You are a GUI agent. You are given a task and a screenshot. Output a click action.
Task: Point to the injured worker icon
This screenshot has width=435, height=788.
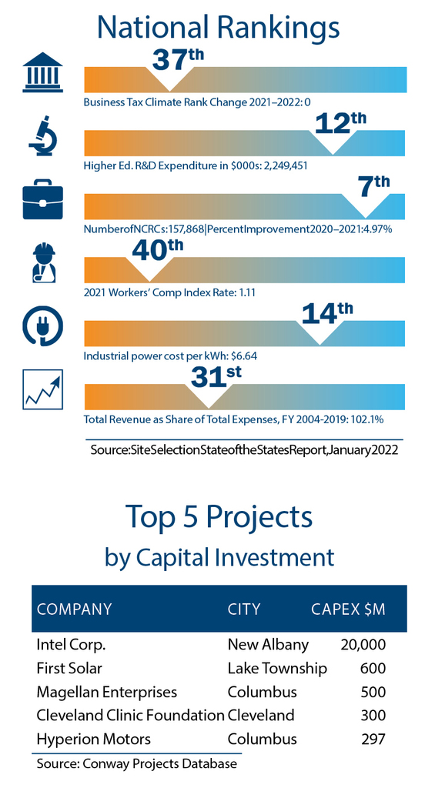click(x=43, y=262)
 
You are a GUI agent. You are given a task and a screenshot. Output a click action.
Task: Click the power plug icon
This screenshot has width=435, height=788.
click(x=43, y=326)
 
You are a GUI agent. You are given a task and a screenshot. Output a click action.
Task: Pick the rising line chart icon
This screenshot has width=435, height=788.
click(x=43, y=389)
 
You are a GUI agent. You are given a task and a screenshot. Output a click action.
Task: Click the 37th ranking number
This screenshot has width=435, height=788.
click(x=178, y=58)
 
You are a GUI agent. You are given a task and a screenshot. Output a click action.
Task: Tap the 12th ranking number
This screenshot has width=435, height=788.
click(x=340, y=123)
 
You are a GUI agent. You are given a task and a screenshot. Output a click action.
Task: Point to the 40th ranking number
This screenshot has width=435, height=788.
click(x=157, y=250)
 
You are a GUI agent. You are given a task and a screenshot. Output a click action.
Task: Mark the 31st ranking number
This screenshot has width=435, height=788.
click(x=216, y=377)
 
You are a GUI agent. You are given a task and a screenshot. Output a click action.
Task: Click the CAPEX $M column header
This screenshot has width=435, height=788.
click(x=348, y=609)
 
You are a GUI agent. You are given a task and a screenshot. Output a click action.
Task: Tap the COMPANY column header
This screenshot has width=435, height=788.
click(x=75, y=609)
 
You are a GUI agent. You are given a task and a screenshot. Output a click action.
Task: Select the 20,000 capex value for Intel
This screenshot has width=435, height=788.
click(x=363, y=645)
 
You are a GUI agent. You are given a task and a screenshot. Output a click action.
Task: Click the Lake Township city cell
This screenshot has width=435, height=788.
click(x=277, y=669)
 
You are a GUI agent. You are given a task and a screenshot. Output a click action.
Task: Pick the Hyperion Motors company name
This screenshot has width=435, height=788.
click(x=93, y=740)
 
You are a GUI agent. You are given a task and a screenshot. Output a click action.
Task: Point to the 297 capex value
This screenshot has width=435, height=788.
click(x=373, y=740)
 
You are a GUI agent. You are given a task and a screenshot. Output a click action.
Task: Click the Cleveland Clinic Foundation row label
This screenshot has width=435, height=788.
click(x=130, y=716)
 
